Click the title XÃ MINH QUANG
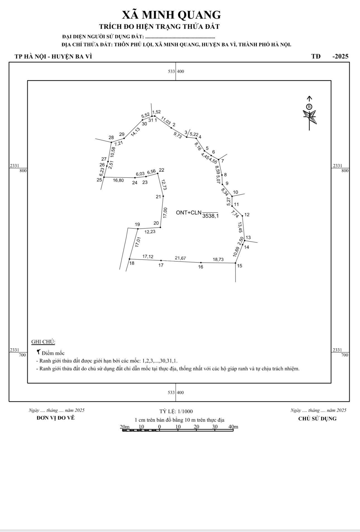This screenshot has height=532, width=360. (171, 15)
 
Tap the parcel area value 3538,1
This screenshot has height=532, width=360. (210, 216)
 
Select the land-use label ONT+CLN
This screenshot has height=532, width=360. (189, 213)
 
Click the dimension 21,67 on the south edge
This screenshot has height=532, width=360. (180, 258)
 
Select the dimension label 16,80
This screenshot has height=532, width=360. (118, 180)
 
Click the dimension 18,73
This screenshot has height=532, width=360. (218, 259)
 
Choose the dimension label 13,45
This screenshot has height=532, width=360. (240, 227)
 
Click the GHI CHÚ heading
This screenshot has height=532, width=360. (43, 342)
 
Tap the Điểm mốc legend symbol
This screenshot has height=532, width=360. (39, 352)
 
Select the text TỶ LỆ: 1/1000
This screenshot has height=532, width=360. (176, 411)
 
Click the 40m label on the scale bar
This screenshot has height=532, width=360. (233, 427)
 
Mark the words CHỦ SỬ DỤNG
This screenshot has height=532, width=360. (317, 418)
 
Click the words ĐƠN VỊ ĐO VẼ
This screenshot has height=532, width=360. (56, 418)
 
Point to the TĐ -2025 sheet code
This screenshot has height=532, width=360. (330, 56)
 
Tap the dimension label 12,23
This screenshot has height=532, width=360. (150, 232)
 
